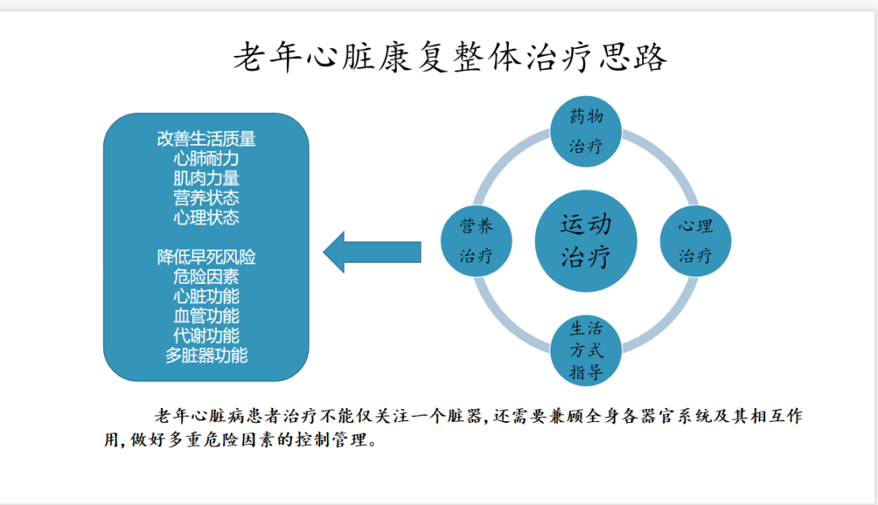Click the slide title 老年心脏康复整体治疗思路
[x=450, y=57]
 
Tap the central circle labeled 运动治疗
[x=585, y=241]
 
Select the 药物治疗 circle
[x=585, y=132]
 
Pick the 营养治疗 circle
[x=476, y=241]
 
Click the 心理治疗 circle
[x=695, y=241]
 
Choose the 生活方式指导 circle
[x=585, y=350]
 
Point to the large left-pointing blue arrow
[x=372, y=252]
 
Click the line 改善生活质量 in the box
[x=206, y=139]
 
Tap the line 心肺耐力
[x=206, y=159]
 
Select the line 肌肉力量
[x=206, y=178]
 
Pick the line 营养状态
[x=206, y=198]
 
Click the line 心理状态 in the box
[x=206, y=217]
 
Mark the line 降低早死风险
[x=206, y=257]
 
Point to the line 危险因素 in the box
[x=206, y=276]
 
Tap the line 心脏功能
[x=206, y=296]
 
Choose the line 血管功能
[x=206, y=316]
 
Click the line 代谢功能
[x=206, y=335]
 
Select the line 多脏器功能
[x=206, y=355]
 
